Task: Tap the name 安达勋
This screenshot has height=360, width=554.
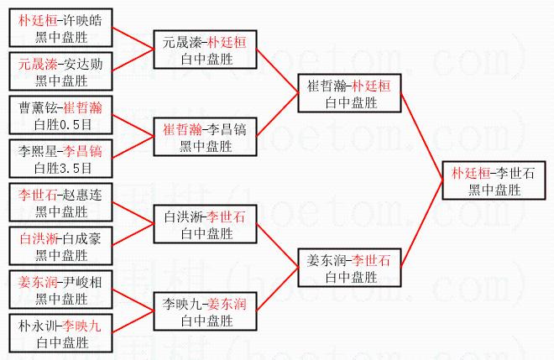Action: pos(82,64)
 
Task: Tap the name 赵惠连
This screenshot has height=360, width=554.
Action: pos(82,195)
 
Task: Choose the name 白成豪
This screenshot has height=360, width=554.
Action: pos(82,239)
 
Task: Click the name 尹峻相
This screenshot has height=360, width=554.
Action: pos(82,283)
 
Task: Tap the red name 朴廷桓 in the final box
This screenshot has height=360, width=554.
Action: pos(469,173)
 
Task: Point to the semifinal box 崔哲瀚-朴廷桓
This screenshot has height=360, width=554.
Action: pos(349,93)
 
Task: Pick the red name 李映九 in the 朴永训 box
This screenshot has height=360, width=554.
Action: pos(82,326)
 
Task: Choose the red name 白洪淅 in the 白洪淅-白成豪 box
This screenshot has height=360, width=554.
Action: pos(36,239)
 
